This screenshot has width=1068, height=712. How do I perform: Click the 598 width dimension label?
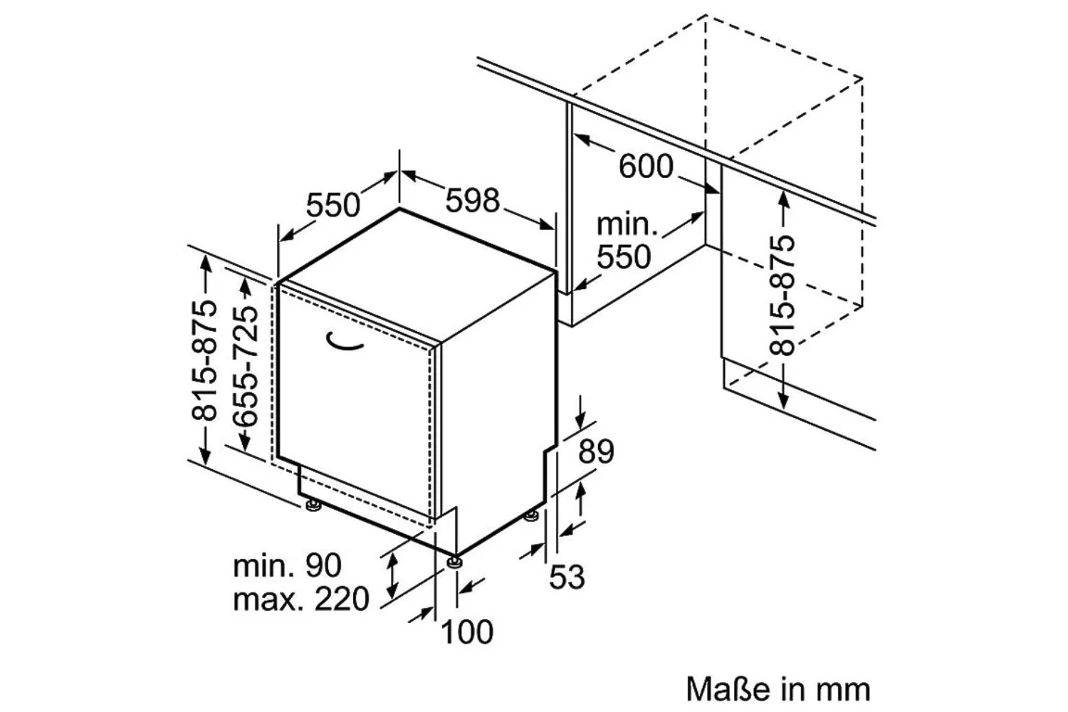tap(472, 200)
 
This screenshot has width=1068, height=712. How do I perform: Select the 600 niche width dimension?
tap(646, 167)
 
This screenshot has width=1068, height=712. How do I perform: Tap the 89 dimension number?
tap(596, 451)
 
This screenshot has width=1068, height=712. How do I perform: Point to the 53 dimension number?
tap(567, 577)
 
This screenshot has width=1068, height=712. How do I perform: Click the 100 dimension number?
tap(467, 632)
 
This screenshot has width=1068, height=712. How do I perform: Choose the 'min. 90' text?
tap(287, 565)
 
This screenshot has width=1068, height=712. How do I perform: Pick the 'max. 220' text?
tap(301, 599)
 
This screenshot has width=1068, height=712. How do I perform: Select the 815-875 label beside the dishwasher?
tap(204, 360)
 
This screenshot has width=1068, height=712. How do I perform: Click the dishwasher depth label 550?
tap(333, 205)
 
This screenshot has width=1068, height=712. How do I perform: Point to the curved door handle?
tap(344, 343)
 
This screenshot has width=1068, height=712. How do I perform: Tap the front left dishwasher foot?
tap(313, 504)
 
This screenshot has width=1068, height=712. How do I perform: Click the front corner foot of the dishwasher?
tap(454, 562)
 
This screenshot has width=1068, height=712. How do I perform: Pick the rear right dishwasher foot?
tap(531, 516)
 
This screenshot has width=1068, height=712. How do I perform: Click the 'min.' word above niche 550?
tap(627, 224)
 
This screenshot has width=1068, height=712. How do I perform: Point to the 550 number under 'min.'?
tap(624, 257)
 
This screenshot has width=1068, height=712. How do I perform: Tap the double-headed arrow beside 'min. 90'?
tap(392, 575)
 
